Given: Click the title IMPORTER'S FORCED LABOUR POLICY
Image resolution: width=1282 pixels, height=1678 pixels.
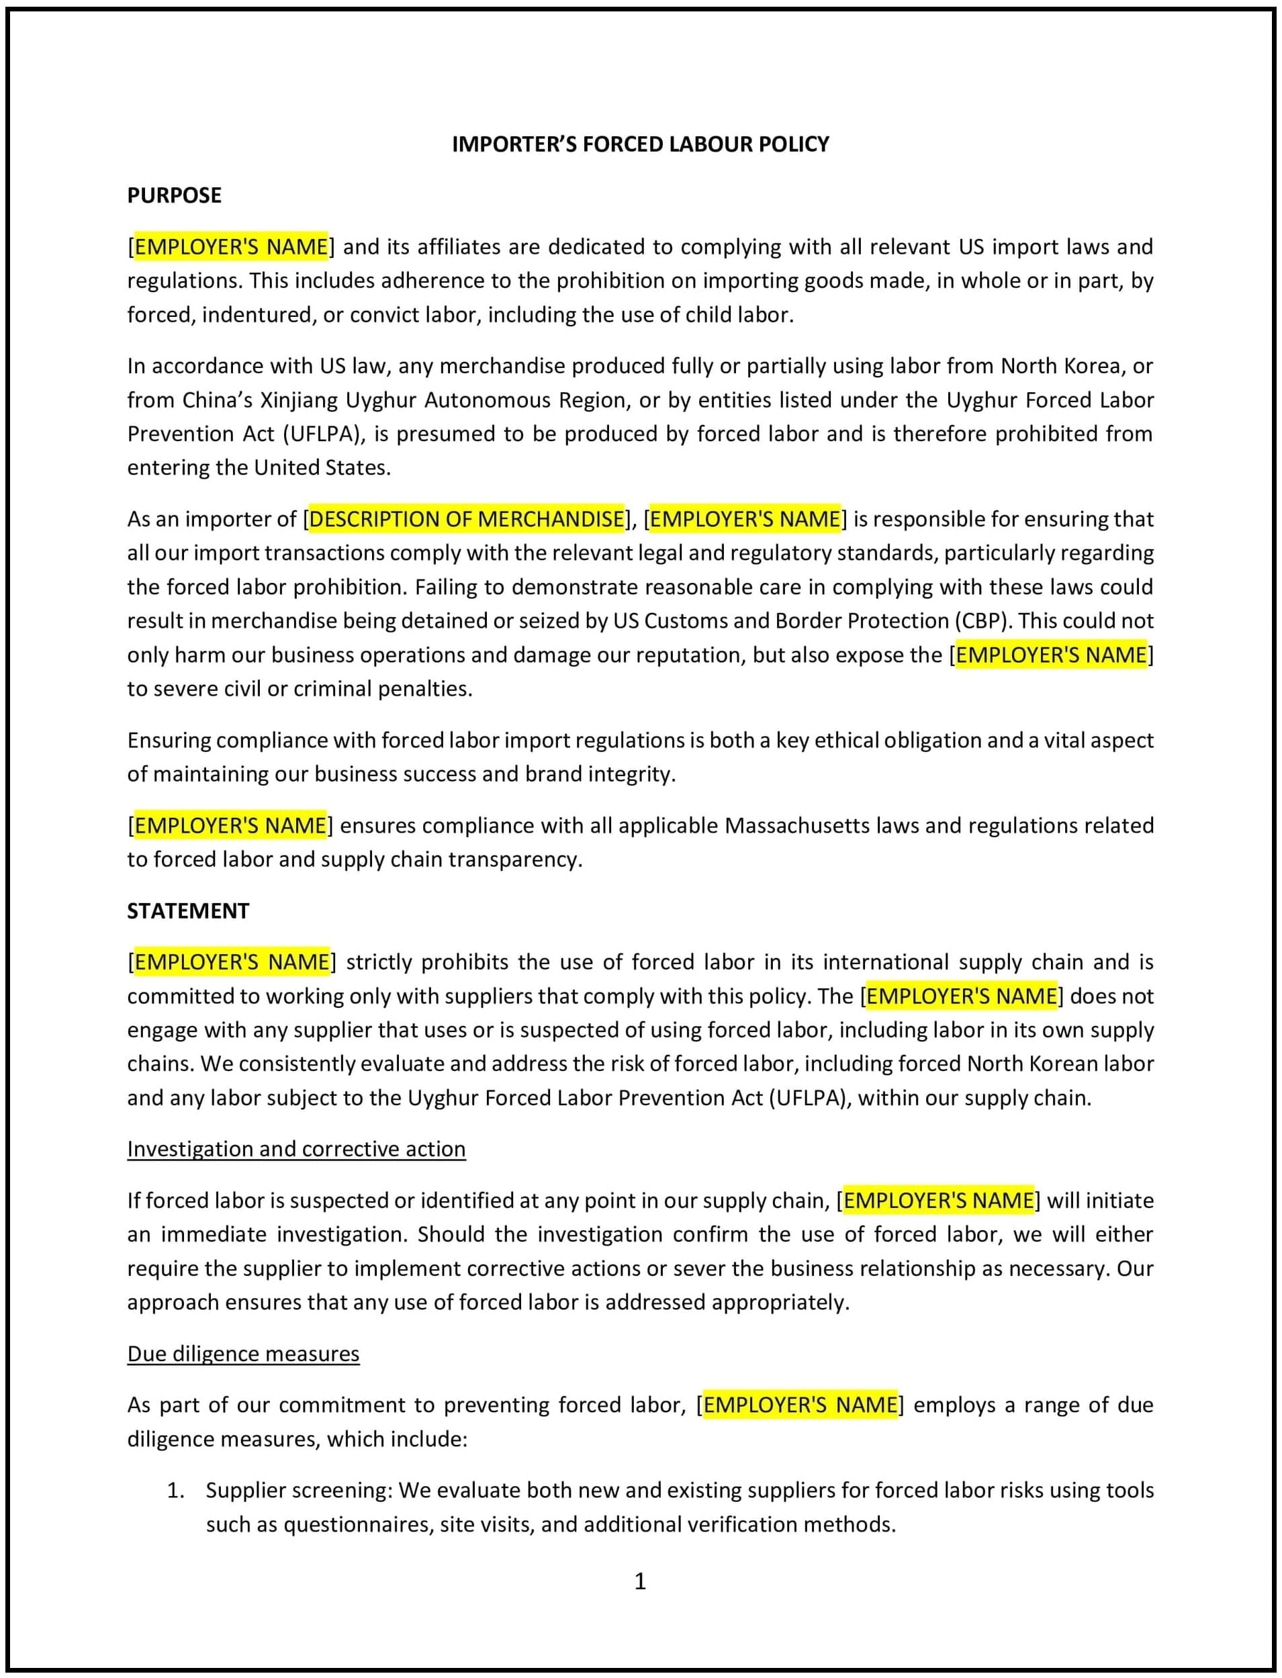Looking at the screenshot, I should point(640,144).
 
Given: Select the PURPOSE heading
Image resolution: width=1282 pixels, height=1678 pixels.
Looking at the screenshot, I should point(174,195).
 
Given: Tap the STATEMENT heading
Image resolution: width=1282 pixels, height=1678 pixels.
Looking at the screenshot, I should point(188,911).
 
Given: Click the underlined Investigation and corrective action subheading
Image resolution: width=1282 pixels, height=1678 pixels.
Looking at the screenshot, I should point(296,1148).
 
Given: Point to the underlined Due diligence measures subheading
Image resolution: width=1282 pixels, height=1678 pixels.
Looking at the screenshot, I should point(242,1353).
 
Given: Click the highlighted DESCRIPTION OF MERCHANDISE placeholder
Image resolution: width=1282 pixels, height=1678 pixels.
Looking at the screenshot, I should point(466,519).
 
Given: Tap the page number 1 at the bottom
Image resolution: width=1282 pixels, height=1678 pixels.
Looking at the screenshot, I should point(640,1581).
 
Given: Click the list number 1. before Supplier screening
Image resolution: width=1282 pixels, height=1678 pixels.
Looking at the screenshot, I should point(176,1489).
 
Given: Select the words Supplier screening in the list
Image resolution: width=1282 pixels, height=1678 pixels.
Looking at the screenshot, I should point(296,1489).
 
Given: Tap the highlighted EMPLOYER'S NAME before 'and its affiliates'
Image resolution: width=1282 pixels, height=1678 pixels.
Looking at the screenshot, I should point(231,246).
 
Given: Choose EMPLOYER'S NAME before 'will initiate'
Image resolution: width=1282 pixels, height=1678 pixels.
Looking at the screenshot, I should point(938,1201).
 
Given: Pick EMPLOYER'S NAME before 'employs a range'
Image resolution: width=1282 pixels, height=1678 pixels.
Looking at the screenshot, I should point(800,1405).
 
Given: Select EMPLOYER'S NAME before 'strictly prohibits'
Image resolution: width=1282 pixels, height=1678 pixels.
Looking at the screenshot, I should point(232,962).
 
